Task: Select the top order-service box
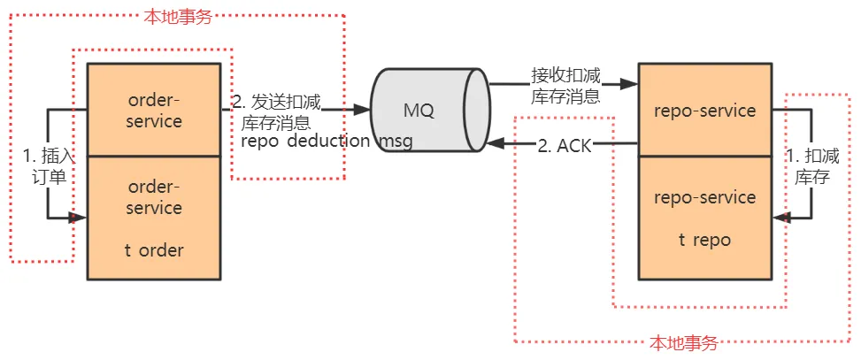click(154, 110)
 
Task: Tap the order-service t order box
click(154, 218)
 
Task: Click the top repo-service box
click(704, 111)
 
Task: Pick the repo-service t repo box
click(704, 218)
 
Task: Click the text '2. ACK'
click(565, 145)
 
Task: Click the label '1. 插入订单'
click(44, 165)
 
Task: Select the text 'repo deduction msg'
click(327, 142)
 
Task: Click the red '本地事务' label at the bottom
click(683, 343)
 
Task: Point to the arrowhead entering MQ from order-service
click(363, 110)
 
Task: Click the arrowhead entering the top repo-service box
click(630, 85)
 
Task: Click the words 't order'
click(154, 250)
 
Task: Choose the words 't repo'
click(704, 239)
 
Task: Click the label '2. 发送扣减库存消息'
click(276, 112)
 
